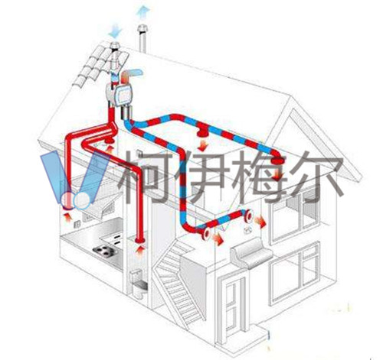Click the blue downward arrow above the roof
coord(115,31)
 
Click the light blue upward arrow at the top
coord(143,12)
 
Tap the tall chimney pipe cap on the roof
coord(142,28)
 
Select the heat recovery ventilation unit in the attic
coord(119,95)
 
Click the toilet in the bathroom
coord(138,284)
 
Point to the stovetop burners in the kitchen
coord(105,251)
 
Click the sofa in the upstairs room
coord(251,251)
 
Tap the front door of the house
coord(233,306)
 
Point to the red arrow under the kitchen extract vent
coord(67,218)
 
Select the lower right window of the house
coord(295,274)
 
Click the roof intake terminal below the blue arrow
coord(116,46)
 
